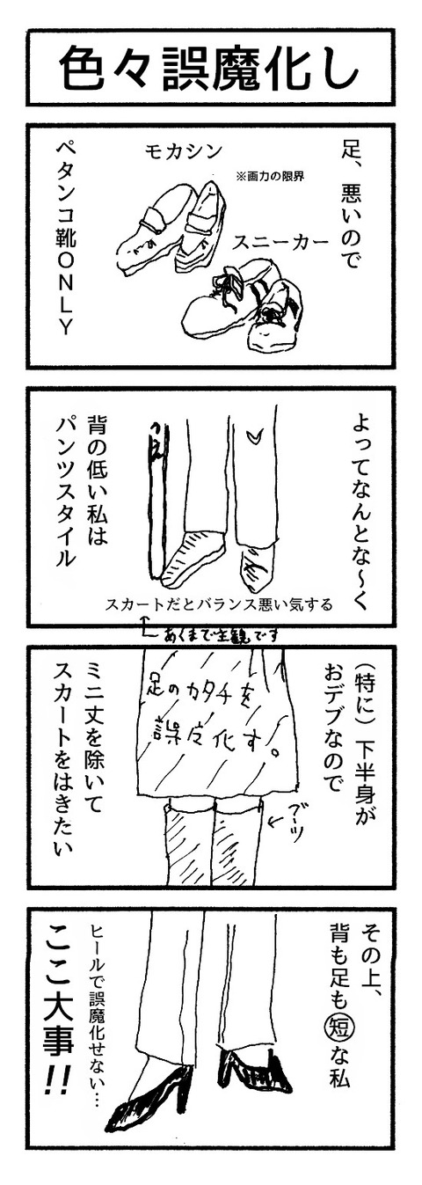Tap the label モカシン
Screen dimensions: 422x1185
tap(184, 152)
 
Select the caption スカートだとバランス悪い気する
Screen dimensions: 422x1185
tap(219, 603)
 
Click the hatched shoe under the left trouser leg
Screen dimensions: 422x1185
tap(194, 558)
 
